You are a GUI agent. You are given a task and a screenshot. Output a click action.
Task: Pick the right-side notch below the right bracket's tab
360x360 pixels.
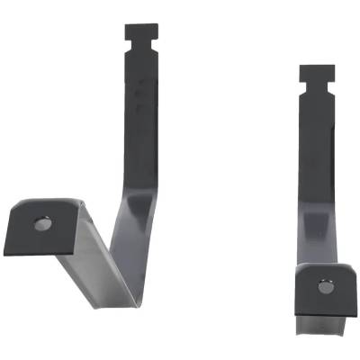329,85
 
